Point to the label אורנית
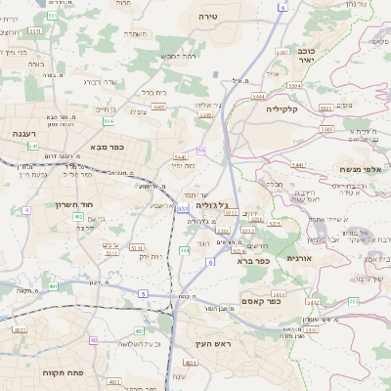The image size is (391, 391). (x=297, y=258)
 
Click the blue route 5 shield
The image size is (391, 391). (x=143, y=294)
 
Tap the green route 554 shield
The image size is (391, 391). (x=108, y=122)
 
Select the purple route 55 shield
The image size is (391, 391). (x=201, y=151)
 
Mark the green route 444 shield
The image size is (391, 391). (x=185, y=251)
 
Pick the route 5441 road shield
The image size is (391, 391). (x=298, y=165)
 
